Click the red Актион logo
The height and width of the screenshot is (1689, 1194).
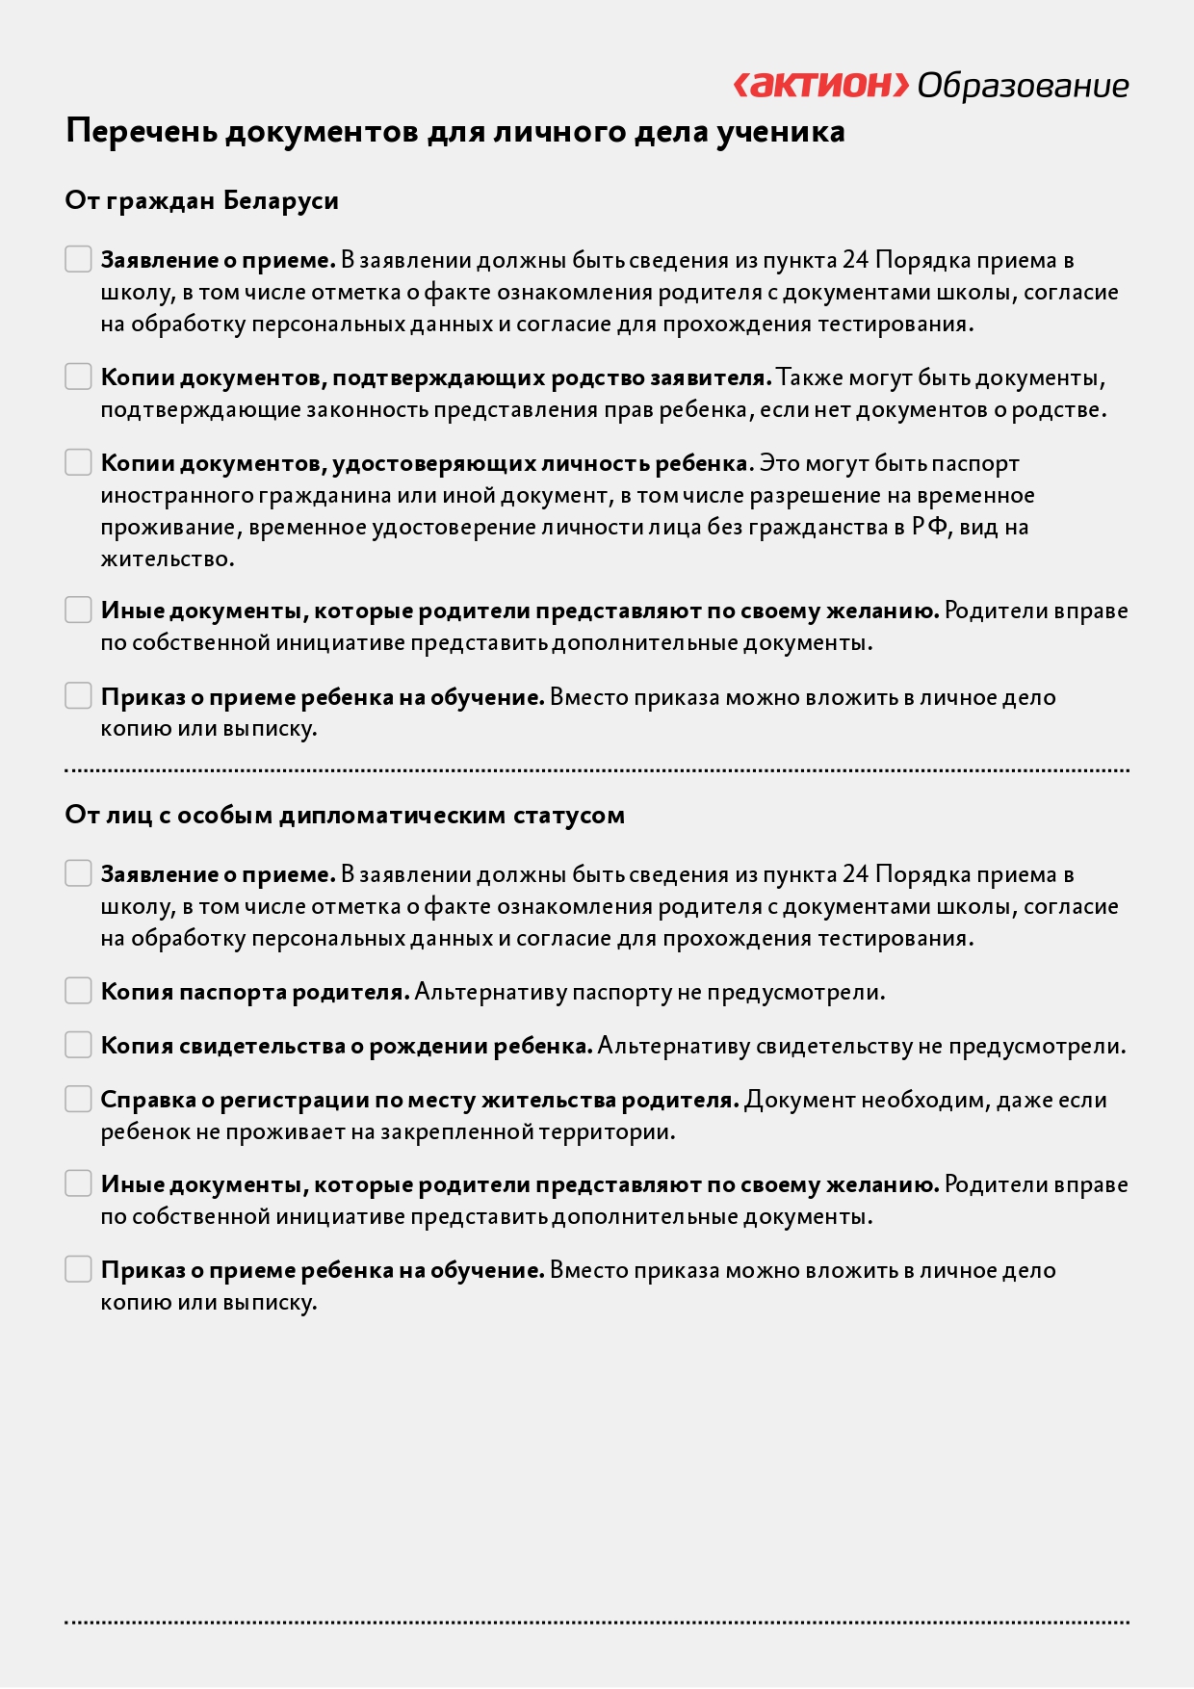[821, 85]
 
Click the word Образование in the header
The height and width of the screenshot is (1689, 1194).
[1023, 86]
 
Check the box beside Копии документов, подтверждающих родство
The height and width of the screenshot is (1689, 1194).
[78, 377]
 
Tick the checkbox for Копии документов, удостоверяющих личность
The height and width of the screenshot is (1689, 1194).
[78, 462]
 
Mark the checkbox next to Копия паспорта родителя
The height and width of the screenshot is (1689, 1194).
[78, 991]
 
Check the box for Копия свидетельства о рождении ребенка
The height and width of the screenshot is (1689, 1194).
[78, 1045]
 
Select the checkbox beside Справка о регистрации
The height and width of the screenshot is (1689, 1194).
[78, 1099]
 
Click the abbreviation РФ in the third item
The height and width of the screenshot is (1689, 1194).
[929, 527]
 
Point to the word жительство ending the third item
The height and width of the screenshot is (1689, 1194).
[166, 559]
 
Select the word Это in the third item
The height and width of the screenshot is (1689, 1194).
[779, 463]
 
